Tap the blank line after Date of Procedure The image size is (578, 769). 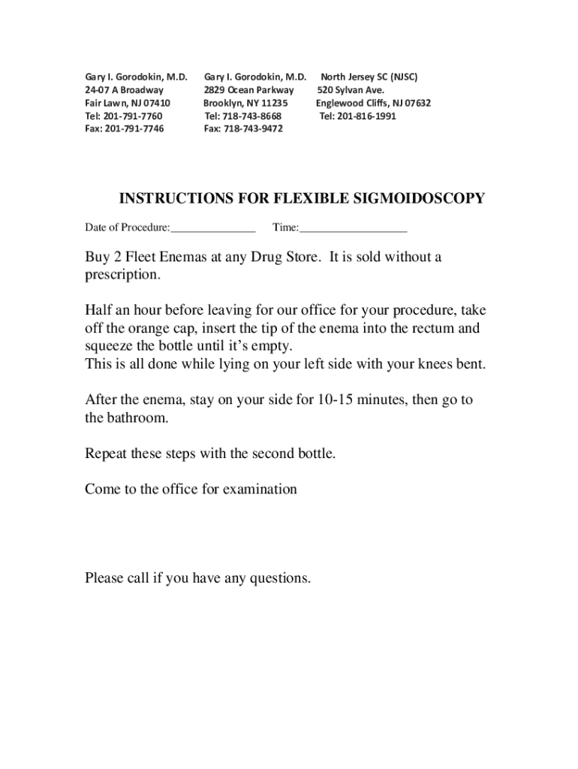pyautogui.click(x=213, y=228)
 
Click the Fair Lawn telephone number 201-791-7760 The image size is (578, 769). pyautogui.click(x=134, y=116)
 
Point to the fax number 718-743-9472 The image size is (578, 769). pyautogui.click(x=254, y=129)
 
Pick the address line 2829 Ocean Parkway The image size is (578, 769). pyautogui.click(x=248, y=90)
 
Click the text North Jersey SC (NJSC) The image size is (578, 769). pyautogui.click(x=369, y=77)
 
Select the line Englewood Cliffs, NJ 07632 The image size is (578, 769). pyautogui.click(x=373, y=103)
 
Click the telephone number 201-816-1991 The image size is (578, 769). pyautogui.click(x=368, y=116)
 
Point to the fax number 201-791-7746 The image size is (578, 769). pyautogui.click(x=134, y=129)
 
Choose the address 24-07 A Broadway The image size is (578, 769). pyautogui.click(x=124, y=90)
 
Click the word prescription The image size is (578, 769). pyautogui.click(x=122, y=276)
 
